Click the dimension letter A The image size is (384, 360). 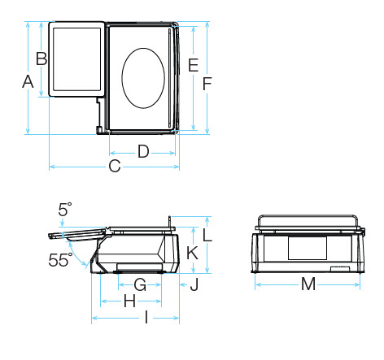(x=28, y=82)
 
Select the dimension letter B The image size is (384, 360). (x=41, y=59)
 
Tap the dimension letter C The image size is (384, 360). (x=115, y=166)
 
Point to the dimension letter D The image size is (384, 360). (x=143, y=151)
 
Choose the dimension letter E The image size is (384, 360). (x=194, y=65)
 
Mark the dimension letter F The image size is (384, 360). (x=207, y=84)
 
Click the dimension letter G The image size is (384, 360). (x=140, y=284)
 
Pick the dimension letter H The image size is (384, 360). (x=129, y=301)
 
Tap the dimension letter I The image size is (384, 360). (x=146, y=317)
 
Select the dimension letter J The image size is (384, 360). (x=194, y=284)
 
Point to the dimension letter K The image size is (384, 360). (x=192, y=253)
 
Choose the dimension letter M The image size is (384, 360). (x=308, y=284)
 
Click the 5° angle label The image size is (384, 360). (x=65, y=210)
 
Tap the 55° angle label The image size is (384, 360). (x=60, y=260)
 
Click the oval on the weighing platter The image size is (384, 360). (x=143, y=78)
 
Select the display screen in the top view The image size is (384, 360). (x=76, y=59)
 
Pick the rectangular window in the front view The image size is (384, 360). (x=308, y=248)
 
